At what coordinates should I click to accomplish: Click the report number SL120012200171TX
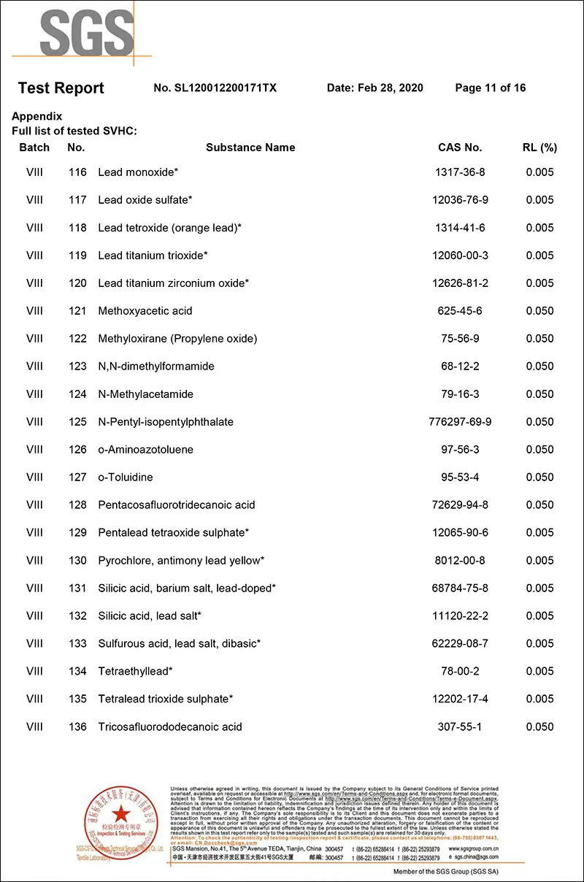coord(215,88)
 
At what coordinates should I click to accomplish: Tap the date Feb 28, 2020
coord(375,88)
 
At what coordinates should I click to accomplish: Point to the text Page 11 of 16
coord(490,88)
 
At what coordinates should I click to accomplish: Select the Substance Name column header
coord(250,147)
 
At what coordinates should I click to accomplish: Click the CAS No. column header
coord(460,147)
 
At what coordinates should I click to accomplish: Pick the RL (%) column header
coord(539,147)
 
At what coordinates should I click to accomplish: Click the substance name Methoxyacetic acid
coord(145,311)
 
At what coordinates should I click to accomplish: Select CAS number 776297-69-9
coord(460,422)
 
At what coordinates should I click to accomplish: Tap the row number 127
coord(77,478)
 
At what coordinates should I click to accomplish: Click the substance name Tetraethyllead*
coord(135,671)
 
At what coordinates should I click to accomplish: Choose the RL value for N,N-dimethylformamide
coord(539,367)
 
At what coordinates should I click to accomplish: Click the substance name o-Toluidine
coord(126,478)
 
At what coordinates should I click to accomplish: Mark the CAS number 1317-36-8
coord(460,172)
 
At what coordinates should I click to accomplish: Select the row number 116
coord(77,172)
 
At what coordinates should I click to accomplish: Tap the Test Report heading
coord(61,88)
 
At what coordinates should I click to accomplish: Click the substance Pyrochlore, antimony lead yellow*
coord(181,561)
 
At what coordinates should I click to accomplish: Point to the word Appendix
coord(37,117)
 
